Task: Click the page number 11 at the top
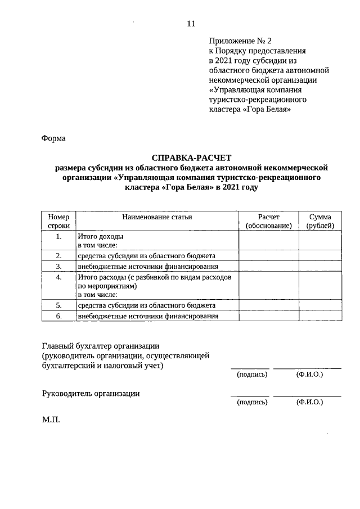[x=191, y=24]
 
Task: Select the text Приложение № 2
[x=240, y=41]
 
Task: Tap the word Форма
[x=54, y=138]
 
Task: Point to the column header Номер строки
[x=58, y=221]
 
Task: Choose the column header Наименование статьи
[x=157, y=217]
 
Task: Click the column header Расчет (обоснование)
[x=268, y=221]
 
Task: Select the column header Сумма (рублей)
[x=319, y=221]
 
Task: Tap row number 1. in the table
[x=58, y=237]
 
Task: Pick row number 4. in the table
[x=58, y=277]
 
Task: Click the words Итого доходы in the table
[x=100, y=237]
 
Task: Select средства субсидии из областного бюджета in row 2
[x=146, y=256]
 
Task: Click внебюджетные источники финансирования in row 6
[x=148, y=316]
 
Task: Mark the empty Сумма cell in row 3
[x=319, y=266]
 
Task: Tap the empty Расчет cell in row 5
[x=268, y=305]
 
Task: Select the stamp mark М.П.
[x=50, y=420]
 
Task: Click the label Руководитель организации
[x=91, y=394]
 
